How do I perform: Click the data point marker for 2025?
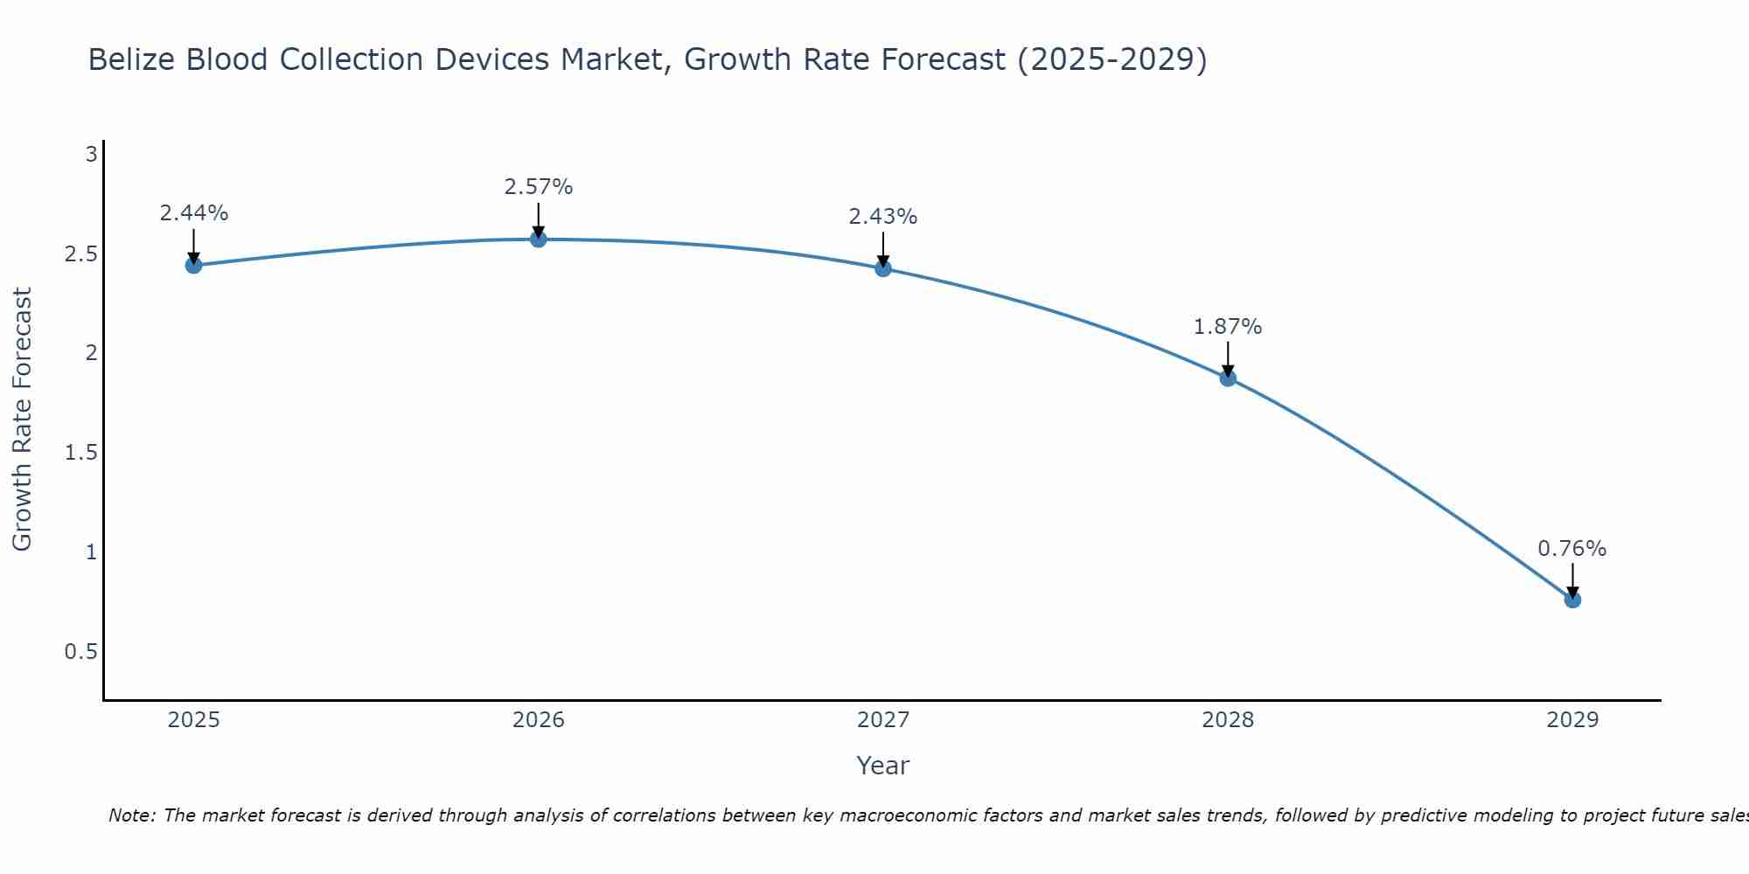pyautogui.click(x=193, y=265)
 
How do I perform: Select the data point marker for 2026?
pyautogui.click(x=538, y=239)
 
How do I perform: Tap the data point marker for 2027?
pyautogui.click(x=882, y=268)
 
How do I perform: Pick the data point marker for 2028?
pyautogui.click(x=1227, y=378)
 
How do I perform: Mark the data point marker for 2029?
pyautogui.click(x=1571, y=600)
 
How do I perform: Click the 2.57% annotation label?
pyautogui.click(x=538, y=187)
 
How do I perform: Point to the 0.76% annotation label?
pyautogui.click(x=1571, y=549)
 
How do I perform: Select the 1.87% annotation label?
pyautogui.click(x=1227, y=327)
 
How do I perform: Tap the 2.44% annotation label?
pyautogui.click(x=193, y=213)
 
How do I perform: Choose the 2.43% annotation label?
pyautogui.click(x=882, y=217)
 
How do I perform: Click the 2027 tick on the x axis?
pyautogui.click(x=882, y=720)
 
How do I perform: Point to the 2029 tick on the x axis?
pyautogui.click(x=1571, y=720)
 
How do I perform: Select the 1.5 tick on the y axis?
pyautogui.click(x=80, y=453)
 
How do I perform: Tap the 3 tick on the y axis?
pyautogui.click(x=90, y=155)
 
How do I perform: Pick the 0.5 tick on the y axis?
pyautogui.click(x=80, y=652)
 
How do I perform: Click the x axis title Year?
pyautogui.click(x=882, y=766)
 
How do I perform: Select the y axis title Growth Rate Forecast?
pyautogui.click(x=22, y=420)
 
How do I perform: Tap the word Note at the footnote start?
pyautogui.click(x=132, y=815)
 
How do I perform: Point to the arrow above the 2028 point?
pyautogui.click(x=1227, y=358)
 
